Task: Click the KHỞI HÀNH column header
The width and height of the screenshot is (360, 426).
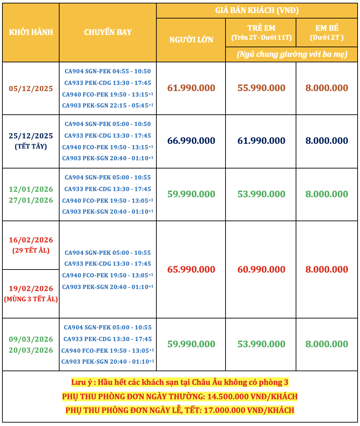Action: [x=31, y=32]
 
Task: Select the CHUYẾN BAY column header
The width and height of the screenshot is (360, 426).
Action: [x=108, y=32]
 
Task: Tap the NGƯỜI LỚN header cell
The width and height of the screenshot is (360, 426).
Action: [x=191, y=40]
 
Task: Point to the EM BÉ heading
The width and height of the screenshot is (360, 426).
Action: [x=327, y=28]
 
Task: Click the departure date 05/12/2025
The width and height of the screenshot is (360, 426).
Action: [x=31, y=89]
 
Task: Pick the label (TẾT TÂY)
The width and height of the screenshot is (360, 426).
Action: [x=31, y=147]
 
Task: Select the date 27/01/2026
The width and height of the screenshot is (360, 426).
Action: [x=31, y=200]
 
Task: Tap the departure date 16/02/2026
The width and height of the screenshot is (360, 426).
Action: [x=31, y=240]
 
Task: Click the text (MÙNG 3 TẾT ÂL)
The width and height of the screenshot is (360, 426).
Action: [x=31, y=299]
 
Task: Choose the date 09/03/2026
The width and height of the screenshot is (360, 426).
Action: [x=31, y=339]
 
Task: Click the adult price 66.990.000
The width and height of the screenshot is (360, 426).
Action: [x=191, y=141]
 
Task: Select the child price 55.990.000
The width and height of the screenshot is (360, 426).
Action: [x=261, y=88]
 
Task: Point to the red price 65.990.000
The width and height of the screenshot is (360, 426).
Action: [x=191, y=270]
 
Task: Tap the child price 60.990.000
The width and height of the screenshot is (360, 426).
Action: [x=261, y=270]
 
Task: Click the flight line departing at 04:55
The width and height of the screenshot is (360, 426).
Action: [x=107, y=71]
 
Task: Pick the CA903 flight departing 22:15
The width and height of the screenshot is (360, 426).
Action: [x=107, y=105]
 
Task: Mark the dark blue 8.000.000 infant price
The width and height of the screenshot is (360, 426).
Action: [x=327, y=141]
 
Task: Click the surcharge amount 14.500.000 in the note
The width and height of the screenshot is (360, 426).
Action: [x=228, y=397]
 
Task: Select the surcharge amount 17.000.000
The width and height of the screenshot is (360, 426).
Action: [x=224, y=410]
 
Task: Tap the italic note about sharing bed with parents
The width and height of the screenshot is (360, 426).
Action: [x=292, y=54]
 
